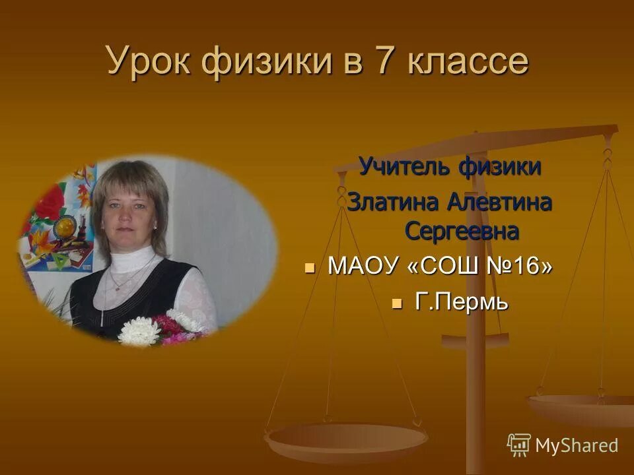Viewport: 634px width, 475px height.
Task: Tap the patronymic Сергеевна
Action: (x=461, y=232)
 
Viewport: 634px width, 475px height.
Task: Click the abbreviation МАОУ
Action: (x=363, y=267)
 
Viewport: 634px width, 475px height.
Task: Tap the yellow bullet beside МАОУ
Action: (x=310, y=268)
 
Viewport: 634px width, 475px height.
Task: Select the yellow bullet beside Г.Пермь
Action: (x=396, y=303)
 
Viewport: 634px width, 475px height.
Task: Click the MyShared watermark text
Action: (x=576, y=445)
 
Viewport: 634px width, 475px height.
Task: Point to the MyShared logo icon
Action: (x=518, y=445)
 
